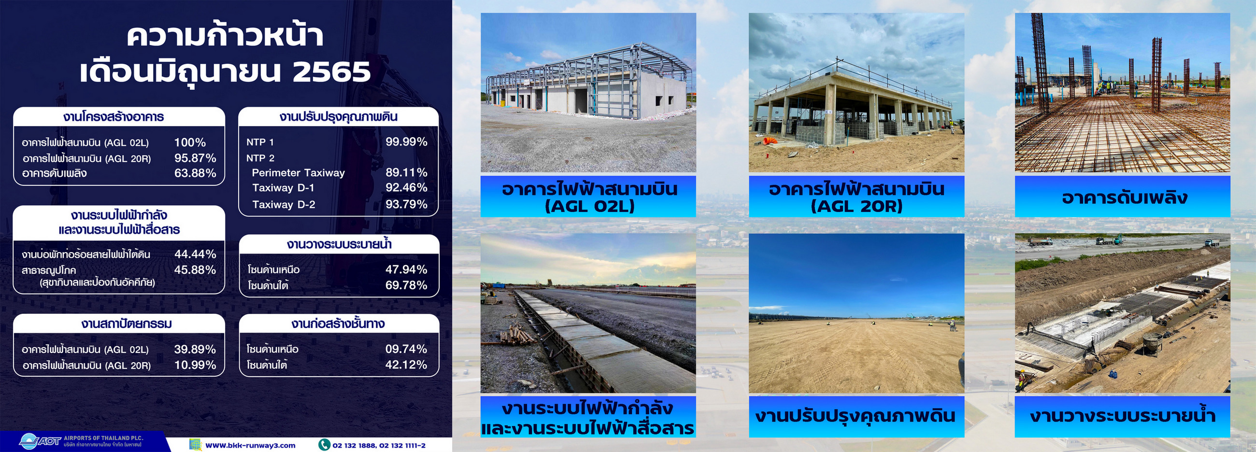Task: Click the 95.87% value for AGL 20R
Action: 195,158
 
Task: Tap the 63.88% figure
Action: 195,173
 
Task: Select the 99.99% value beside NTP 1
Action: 406,142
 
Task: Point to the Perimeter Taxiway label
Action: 298,172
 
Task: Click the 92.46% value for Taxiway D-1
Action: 406,187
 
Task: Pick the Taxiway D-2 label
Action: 283,204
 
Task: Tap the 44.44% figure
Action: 195,254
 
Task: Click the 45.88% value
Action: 195,269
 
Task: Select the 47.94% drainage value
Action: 406,269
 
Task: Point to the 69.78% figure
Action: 406,285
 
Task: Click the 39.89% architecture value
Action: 195,349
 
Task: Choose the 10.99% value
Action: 195,365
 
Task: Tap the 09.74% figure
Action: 406,349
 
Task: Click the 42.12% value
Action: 406,364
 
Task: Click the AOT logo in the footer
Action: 40,441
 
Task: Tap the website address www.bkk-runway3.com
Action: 250,445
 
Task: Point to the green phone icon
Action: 324,445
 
